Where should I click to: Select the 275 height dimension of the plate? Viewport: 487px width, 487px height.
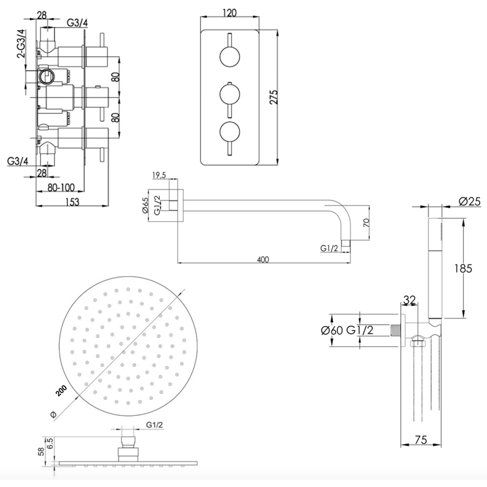pos(274,97)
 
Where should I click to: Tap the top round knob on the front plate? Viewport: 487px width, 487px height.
pos(230,57)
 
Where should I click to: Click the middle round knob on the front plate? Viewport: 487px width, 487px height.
pos(230,95)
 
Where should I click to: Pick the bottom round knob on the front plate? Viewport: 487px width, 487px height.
pos(230,132)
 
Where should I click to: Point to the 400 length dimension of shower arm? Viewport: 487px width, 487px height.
pos(263,259)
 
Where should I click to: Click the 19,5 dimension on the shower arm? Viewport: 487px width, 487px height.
pos(159,175)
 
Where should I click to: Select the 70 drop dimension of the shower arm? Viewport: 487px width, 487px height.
pos(366,223)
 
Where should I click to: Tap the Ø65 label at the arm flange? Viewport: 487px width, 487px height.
pos(145,206)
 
